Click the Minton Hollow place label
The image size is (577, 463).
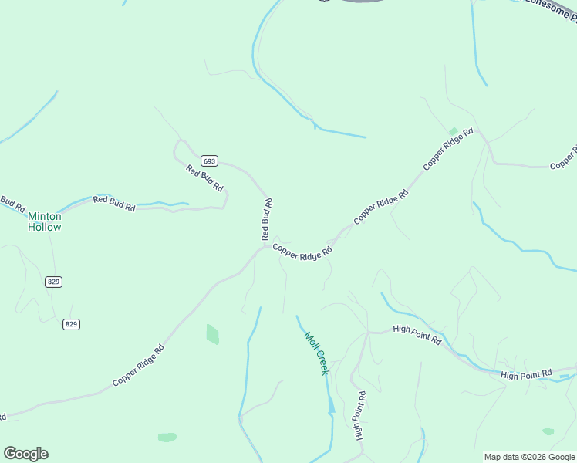coord(45,221)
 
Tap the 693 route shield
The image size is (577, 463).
coord(209,161)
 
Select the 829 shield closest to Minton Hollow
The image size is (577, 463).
coord(53,282)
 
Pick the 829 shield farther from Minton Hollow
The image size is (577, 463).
coord(72,324)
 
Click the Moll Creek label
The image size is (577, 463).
coord(316,353)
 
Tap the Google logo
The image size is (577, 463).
coord(25,454)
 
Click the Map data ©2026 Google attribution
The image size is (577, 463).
coord(529,457)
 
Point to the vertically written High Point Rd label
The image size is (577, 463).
coord(359,414)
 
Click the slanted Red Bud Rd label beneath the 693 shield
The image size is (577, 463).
coord(204,178)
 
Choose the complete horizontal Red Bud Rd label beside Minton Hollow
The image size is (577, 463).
coord(114,203)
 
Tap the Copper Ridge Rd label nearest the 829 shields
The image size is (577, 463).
coord(138,366)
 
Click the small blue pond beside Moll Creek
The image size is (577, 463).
coord(331,405)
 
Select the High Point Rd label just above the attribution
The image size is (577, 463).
coord(527,374)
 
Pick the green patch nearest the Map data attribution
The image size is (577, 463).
coord(548,431)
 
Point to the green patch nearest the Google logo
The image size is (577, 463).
coord(167,438)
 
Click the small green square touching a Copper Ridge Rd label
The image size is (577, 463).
coord(453,132)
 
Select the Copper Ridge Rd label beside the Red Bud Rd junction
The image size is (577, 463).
coord(302,252)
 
